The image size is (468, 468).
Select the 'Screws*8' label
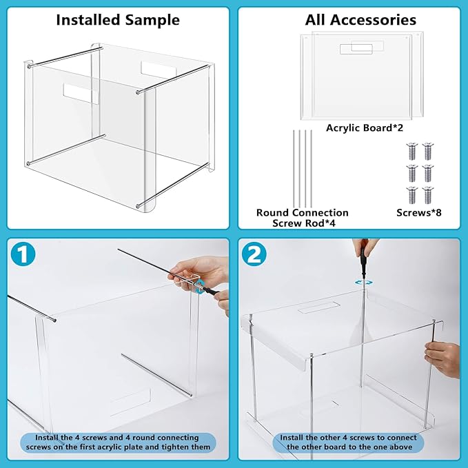click(x=419, y=213)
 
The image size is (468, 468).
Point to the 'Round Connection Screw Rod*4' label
click(x=302, y=218)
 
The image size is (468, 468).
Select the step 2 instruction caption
click(x=349, y=442)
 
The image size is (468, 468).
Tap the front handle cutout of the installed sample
click(x=81, y=93)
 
